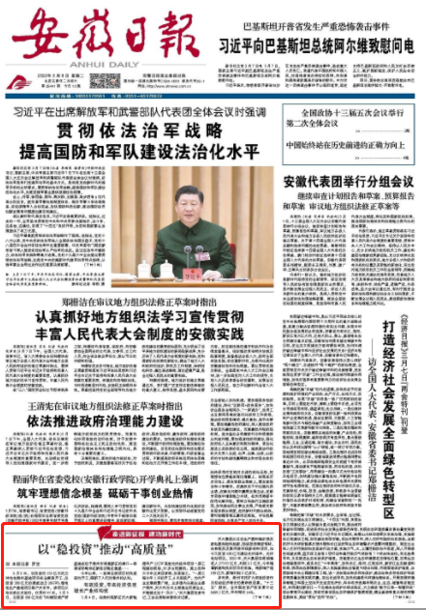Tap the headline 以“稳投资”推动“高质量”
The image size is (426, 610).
[106, 550]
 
